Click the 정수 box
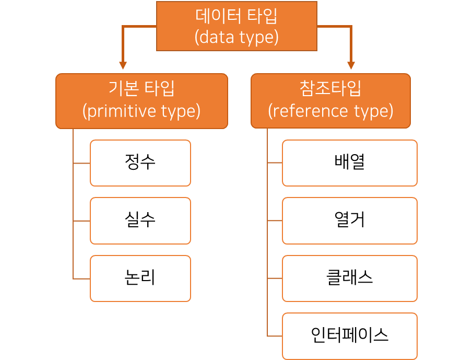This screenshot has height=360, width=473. [x=140, y=163]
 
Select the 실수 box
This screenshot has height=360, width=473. [x=140, y=220]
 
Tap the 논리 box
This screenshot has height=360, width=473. [x=140, y=278]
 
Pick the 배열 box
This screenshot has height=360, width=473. [x=349, y=163]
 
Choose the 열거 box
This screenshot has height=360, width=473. [x=349, y=220]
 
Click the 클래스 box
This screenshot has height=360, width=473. [x=349, y=278]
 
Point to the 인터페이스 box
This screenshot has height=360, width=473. [x=349, y=335]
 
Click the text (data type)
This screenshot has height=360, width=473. [x=236, y=38]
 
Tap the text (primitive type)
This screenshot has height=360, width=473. [x=141, y=111]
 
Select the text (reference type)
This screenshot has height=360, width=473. [x=330, y=111]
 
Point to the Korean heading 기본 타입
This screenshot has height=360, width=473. [x=141, y=89]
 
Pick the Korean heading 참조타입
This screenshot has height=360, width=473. [x=330, y=89]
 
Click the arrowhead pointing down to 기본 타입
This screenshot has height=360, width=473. [x=123, y=66]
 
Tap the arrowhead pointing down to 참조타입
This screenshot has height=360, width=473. [x=351, y=66]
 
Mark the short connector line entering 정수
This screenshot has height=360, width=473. [x=81, y=163]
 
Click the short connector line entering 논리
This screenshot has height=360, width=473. [x=81, y=278]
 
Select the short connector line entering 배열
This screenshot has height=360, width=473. [x=275, y=163]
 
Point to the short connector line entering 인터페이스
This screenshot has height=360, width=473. [x=275, y=335]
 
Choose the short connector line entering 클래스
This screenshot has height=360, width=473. [x=275, y=278]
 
